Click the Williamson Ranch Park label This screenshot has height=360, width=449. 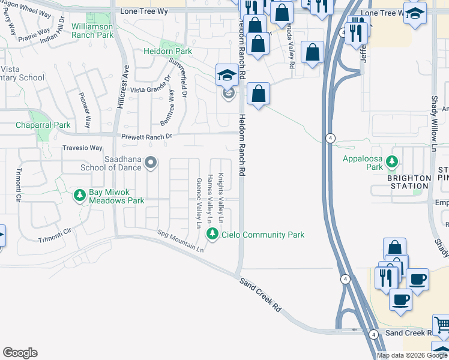coord(92,31)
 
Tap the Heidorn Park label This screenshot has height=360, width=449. coord(167,52)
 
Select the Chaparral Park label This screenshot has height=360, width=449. coord(43,125)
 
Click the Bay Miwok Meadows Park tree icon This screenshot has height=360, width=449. coord(79,195)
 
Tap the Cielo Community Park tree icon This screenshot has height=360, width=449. coord(212,234)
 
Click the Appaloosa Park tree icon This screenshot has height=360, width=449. coord(392,162)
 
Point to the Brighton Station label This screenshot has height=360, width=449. coord(409,182)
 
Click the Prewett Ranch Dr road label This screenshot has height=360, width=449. coord(146,137)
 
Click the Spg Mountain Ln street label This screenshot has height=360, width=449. coord(181,241)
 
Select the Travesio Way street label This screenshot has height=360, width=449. coord(83,148)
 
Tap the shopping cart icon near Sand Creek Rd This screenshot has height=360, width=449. coord(442,326)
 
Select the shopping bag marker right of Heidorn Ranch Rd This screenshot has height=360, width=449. coord(258,94)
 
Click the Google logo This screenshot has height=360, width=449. coord(20,353)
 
